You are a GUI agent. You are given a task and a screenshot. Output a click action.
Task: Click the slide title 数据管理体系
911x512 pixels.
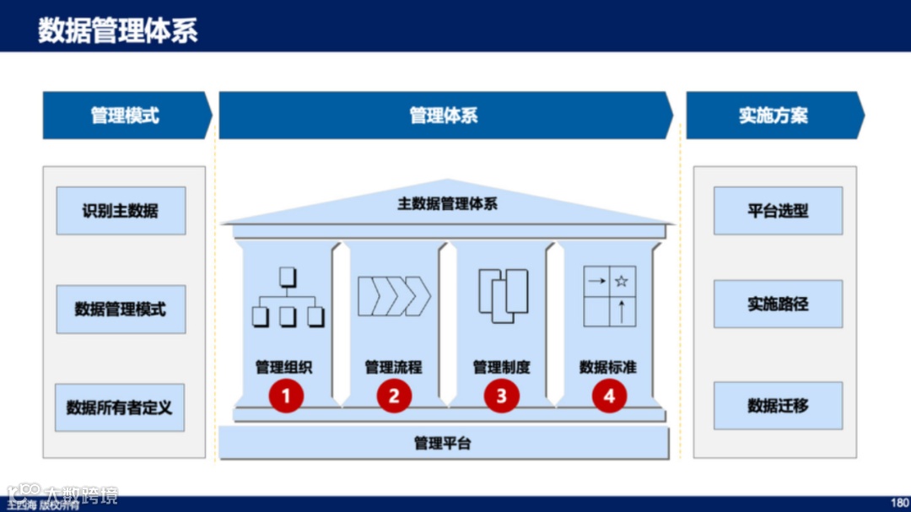pos(118,30)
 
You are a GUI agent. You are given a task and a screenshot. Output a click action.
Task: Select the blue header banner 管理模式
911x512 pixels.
pos(125,116)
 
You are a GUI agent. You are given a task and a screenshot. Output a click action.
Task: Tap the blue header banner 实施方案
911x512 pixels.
pos(774,116)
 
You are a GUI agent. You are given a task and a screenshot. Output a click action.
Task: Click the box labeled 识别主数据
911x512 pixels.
pos(121,211)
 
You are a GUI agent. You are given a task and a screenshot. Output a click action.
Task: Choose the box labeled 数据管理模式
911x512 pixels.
pos(121,310)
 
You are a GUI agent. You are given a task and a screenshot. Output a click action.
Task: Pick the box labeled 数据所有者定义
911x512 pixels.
pos(120,407)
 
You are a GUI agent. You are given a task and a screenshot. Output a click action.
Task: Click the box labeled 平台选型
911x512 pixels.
pos(778,211)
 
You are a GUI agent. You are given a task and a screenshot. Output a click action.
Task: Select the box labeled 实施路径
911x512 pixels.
pos(778,304)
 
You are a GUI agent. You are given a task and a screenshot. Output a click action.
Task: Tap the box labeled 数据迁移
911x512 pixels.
pos(778,406)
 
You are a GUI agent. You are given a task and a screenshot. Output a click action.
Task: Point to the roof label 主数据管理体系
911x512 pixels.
pos(447,203)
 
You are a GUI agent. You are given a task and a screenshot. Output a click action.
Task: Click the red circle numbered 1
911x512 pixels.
pos(286,395)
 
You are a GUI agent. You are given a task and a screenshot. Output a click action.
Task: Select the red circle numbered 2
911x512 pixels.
pos(394,395)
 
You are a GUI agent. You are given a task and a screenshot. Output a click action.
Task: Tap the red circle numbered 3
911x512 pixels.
pos(502,395)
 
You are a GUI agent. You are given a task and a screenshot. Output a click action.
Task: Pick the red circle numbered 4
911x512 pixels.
pos(609,395)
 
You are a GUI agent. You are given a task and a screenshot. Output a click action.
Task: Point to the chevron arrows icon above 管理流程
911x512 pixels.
pos(394,296)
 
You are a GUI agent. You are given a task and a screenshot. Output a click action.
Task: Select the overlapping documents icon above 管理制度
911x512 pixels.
pos(503,295)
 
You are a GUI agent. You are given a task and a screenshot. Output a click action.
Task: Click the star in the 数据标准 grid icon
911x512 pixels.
pos(622,281)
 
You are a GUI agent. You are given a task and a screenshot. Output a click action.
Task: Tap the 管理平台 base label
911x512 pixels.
pos(443,443)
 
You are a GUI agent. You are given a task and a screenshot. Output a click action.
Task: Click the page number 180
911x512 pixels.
pos(899,502)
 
